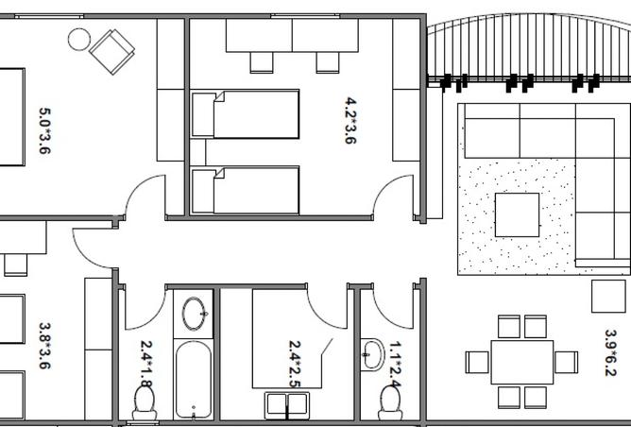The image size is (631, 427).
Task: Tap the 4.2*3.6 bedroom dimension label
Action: point(350,120)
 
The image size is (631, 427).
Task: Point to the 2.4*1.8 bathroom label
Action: point(146,364)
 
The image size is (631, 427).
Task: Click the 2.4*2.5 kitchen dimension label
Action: point(295,365)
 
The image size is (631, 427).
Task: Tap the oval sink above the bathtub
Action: point(196,312)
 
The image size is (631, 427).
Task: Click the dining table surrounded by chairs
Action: point(521,362)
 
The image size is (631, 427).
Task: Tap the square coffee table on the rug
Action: point(517,215)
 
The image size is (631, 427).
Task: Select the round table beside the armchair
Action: point(78,39)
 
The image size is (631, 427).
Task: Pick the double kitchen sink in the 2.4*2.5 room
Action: point(288,405)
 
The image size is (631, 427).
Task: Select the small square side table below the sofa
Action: point(609,296)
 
